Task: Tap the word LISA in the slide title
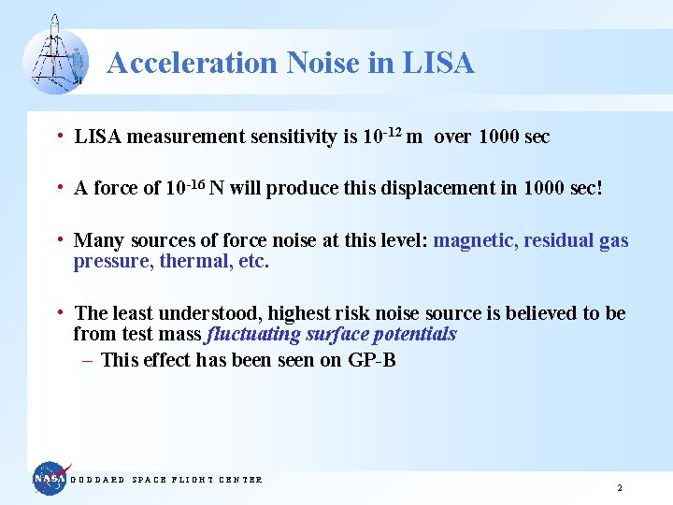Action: click(x=438, y=63)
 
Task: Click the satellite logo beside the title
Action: click(x=55, y=55)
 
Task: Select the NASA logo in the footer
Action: click(x=51, y=479)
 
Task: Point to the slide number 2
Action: click(x=620, y=487)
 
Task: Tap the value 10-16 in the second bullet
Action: click(x=184, y=187)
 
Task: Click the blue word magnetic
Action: click(x=475, y=240)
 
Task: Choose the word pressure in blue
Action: click(x=112, y=262)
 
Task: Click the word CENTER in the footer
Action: click(x=240, y=480)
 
